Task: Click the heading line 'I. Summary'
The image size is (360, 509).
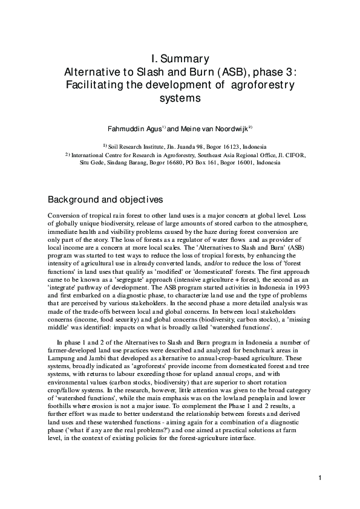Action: [180, 59]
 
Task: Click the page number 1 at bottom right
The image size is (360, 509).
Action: [318, 479]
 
